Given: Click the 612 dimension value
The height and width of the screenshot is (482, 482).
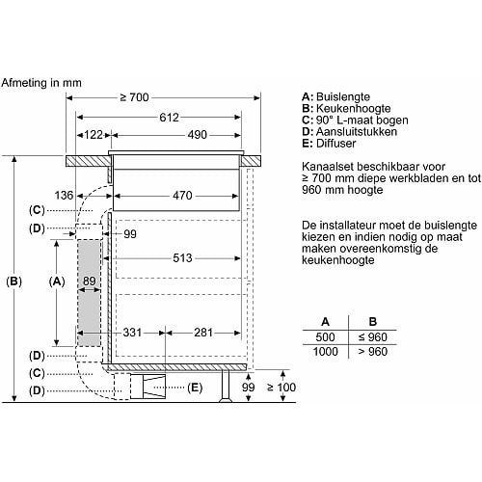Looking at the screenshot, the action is coord(169,118).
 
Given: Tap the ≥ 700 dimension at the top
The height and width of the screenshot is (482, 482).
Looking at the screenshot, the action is coord(134,97).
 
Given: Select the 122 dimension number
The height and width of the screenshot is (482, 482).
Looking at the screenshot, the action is coord(94,135).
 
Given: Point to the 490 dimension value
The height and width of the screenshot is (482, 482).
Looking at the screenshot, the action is coord(198,135).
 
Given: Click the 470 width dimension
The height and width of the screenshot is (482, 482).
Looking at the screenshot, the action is coord(182,196).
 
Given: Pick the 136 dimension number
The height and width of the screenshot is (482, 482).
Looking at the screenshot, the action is coord(64,195).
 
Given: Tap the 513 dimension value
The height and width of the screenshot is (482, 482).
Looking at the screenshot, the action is coord(182,258).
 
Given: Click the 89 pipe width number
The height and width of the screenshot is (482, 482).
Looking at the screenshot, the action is coord(90,281).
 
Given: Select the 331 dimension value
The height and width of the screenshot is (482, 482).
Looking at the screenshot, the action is coord(132,333).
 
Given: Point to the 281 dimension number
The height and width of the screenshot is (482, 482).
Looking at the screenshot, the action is coord(203,333).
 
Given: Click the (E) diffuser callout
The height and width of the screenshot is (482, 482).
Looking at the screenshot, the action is coord(195,388).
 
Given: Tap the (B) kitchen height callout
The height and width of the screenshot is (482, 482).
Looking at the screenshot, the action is coord(14,281).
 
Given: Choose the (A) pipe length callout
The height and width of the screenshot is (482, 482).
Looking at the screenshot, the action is coord(57,281).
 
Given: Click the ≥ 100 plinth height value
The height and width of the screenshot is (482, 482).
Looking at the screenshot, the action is coord(281,388).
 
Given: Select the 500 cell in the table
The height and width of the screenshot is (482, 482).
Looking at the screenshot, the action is coord(325,337).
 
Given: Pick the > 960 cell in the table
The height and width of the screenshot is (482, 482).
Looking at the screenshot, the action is coord(373,352).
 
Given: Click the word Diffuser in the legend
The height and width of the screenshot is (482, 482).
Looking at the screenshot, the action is coord(336,143).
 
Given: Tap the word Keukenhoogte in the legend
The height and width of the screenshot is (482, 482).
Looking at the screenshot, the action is coord(354,108).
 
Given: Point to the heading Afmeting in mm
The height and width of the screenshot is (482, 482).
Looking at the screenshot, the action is coord(41,83).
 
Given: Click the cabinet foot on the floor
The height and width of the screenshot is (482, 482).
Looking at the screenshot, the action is coord(226,386).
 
